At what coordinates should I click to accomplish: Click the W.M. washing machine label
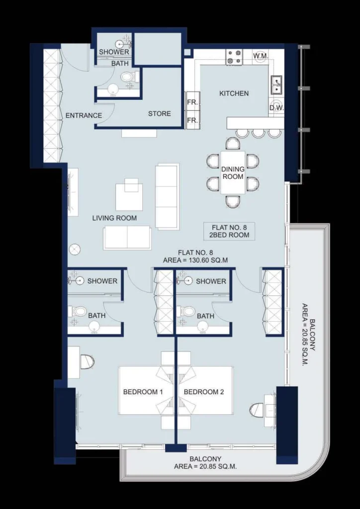pos(261,56)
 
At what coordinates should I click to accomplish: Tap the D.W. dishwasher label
pos(276,108)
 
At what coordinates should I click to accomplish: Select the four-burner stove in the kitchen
pos(234,57)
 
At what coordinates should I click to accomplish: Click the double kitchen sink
pos(277,85)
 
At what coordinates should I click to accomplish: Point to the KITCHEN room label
pos(234,93)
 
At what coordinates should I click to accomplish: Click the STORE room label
pos(160,114)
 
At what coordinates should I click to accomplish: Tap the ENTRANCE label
pos(84,115)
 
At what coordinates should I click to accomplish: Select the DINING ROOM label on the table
pos(233,172)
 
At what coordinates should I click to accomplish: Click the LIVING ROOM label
pos(114,218)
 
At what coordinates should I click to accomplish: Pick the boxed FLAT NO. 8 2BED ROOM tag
pos(229,231)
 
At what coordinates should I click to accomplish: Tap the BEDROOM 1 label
pos(143,392)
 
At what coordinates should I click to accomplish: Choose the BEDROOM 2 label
pos(204,392)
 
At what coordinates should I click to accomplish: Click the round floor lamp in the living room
pos(75,250)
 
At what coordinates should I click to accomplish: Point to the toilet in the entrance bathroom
pos(129,77)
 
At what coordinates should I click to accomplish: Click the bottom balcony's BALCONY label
pos(205,459)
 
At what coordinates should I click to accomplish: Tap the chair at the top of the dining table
pos(233,143)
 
